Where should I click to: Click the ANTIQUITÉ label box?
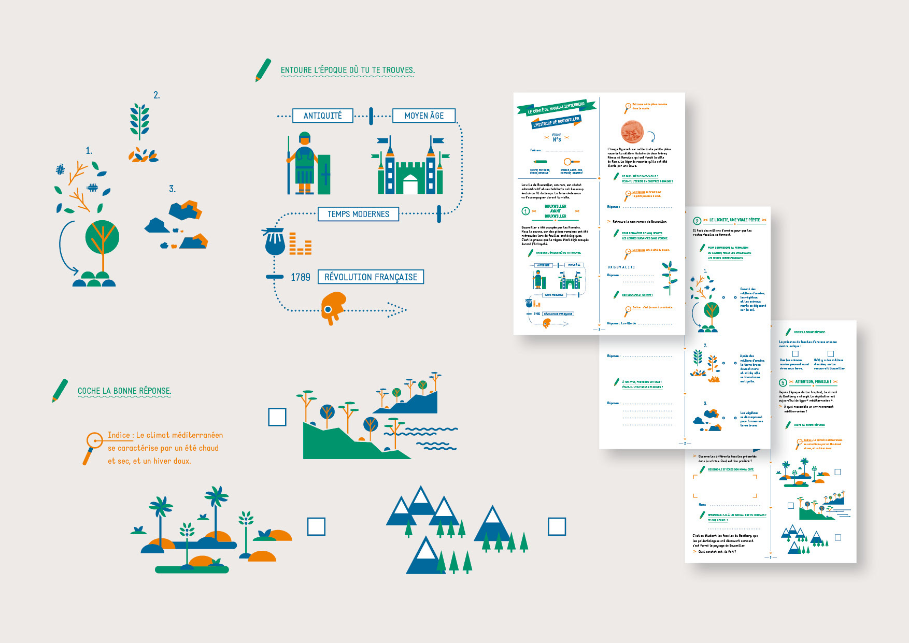pos(322,116)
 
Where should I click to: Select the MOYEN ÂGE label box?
pos(423,116)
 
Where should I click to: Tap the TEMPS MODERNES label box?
pos(358,214)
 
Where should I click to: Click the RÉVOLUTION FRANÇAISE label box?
pos(371,277)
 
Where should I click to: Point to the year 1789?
pos(300,277)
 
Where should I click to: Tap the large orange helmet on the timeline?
pos(333,307)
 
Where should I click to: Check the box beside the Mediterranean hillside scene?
pos(277,417)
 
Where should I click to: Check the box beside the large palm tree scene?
pos(316,526)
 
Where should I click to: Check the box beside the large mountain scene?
pos(557,526)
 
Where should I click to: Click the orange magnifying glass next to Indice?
pos(93,446)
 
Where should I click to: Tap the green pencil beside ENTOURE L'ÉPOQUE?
pos(263,70)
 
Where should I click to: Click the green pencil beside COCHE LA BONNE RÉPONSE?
pos(60,391)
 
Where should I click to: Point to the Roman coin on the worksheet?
pos(632,132)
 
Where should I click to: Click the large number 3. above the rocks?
pos(172,189)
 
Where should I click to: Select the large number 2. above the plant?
pos(157,95)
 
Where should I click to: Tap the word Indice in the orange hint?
pos(119,435)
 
